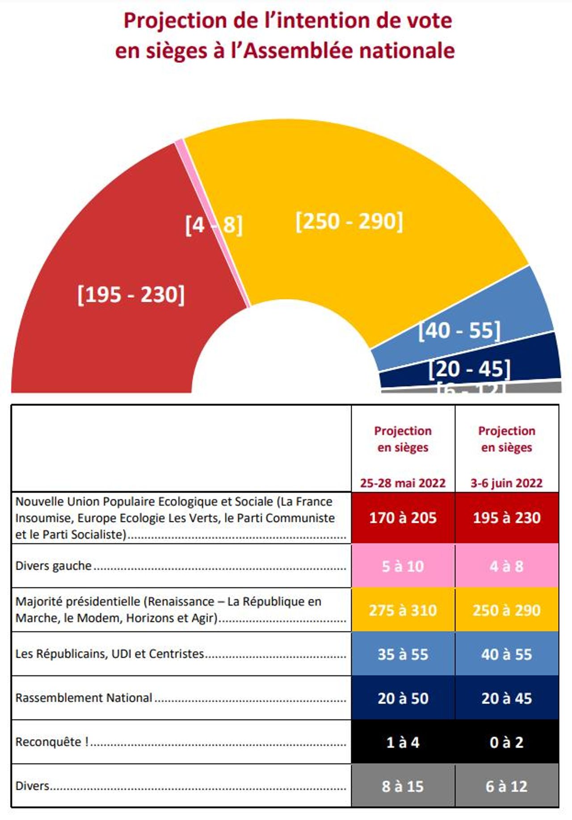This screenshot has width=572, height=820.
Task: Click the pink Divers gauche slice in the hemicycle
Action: click(210, 214)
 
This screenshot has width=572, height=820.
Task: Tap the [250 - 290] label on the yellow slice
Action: click(349, 222)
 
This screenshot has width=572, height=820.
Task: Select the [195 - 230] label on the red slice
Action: click(131, 295)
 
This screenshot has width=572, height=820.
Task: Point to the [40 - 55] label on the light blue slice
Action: click(459, 331)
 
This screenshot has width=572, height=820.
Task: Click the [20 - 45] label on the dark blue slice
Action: click(469, 369)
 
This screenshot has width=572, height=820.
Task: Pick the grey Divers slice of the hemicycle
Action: click(536, 387)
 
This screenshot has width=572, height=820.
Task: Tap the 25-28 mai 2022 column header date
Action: click(403, 483)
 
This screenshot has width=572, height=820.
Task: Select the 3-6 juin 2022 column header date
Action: click(506, 483)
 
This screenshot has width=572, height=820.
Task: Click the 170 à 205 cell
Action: click(403, 518)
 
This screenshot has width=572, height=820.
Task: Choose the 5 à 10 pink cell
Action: click(403, 566)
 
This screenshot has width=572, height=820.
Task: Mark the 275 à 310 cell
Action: click(403, 610)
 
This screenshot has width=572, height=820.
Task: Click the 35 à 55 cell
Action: click(403, 654)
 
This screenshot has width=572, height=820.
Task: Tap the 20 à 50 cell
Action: click(403, 698)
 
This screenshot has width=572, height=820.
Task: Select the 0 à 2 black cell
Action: click(506, 742)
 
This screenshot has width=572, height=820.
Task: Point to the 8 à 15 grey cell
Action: click(403, 786)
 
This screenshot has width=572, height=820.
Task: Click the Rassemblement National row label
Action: click(84, 698)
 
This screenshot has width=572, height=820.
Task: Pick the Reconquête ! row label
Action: click(52, 742)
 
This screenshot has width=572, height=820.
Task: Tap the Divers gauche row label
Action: click(54, 566)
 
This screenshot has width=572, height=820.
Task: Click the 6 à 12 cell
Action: click(506, 786)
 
